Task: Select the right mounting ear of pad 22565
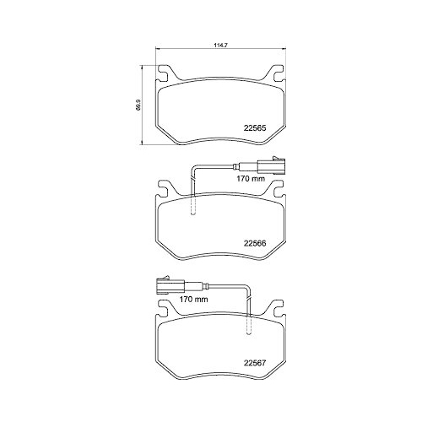(x=273, y=73)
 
